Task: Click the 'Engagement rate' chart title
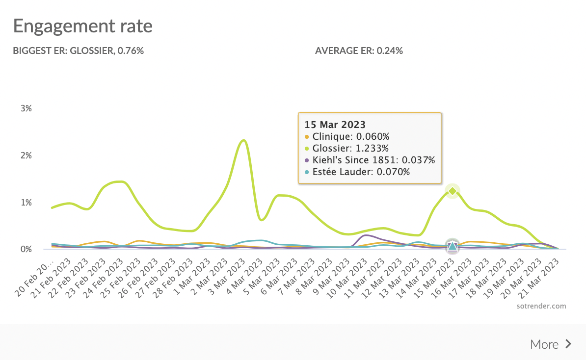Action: pyautogui.click(x=82, y=26)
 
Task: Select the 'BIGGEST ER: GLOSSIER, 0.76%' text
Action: pyautogui.click(x=78, y=51)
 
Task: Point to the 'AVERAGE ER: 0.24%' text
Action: pyautogui.click(x=359, y=51)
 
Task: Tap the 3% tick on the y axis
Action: pyautogui.click(x=26, y=108)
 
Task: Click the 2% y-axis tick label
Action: pyautogui.click(x=26, y=155)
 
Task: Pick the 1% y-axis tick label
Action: pyautogui.click(x=26, y=203)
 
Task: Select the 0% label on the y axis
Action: pyautogui.click(x=26, y=249)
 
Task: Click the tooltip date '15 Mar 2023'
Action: pyautogui.click(x=335, y=125)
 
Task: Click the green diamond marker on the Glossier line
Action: pyautogui.click(x=452, y=191)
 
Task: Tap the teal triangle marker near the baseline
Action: pyautogui.click(x=452, y=246)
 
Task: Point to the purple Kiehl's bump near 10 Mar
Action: pyautogui.click(x=366, y=235)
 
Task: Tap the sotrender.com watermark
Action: pyautogui.click(x=541, y=306)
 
